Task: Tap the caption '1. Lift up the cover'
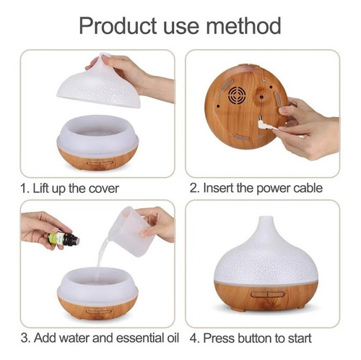coord(70,188)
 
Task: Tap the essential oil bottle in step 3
coord(61,238)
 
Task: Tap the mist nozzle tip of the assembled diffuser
coord(265,220)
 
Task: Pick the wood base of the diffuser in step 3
coord(97,307)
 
